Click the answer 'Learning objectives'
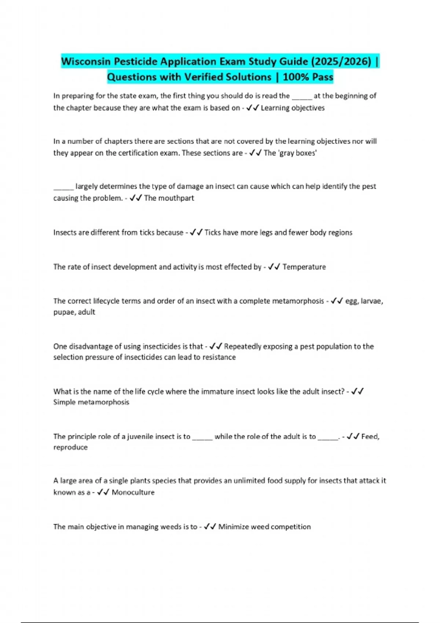pyautogui.click(x=293, y=108)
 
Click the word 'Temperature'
pyautogui.click(x=304, y=267)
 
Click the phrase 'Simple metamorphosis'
pyautogui.click(x=91, y=402)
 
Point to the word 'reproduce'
pyautogui.click(x=70, y=447)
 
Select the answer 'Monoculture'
pyautogui.click(x=133, y=492)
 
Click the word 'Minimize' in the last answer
pyautogui.click(x=233, y=527)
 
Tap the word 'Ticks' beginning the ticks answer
pyautogui.click(x=212, y=232)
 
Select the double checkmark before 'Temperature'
pyautogui.click(x=274, y=267)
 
